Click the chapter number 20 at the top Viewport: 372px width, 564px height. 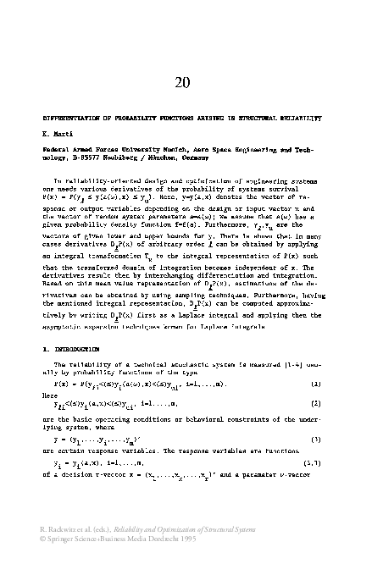186,81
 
